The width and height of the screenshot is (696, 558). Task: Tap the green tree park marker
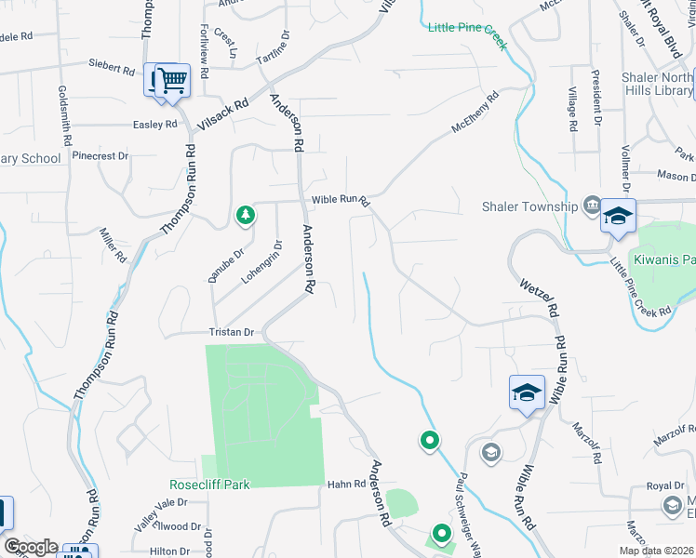tap(245, 216)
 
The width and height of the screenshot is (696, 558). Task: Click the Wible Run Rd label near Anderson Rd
tap(341, 199)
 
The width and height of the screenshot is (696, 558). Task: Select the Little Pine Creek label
tap(467, 28)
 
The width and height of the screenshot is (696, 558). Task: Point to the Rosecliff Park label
tap(209, 485)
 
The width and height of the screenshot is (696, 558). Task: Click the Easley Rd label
tap(154, 125)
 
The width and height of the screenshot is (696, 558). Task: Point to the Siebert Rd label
tap(113, 67)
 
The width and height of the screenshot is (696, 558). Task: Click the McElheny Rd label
tap(475, 111)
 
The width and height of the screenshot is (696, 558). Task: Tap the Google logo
tap(31, 548)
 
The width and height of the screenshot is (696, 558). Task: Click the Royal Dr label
tap(665, 486)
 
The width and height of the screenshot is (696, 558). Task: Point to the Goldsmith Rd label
tap(65, 115)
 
